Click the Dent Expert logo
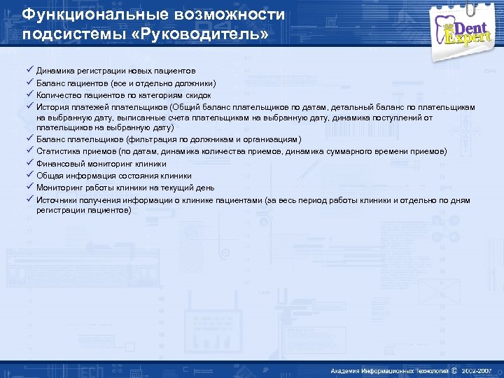467,29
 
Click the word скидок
198,94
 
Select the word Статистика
57,151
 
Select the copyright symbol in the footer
454,370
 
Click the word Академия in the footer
347,370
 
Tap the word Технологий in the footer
430,370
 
